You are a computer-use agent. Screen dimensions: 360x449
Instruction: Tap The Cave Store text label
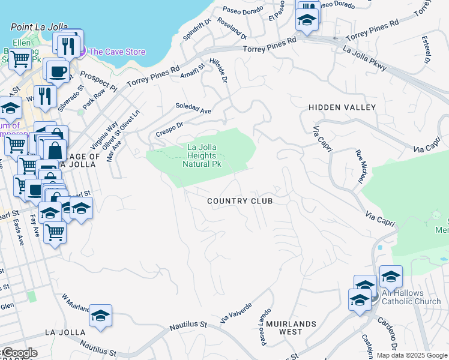click(117, 52)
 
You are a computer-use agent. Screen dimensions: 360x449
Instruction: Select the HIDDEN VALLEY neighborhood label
click(342, 107)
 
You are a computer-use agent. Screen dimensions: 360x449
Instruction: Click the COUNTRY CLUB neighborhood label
click(240, 201)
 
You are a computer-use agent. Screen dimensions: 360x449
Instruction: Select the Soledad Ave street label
click(193, 111)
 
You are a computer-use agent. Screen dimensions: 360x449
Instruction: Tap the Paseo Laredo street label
click(265, 326)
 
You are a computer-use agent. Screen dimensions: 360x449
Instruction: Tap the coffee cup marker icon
click(58, 71)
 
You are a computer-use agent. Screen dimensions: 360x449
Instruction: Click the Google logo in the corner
click(19, 353)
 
